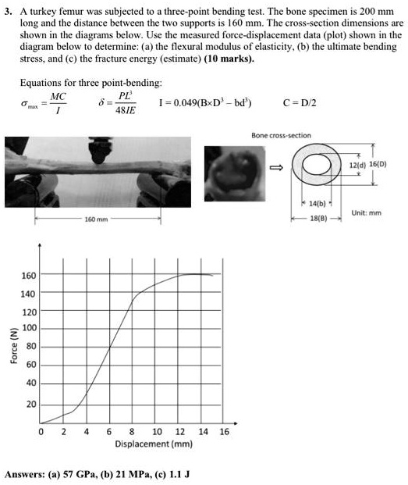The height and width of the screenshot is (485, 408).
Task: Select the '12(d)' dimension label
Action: (357, 166)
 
